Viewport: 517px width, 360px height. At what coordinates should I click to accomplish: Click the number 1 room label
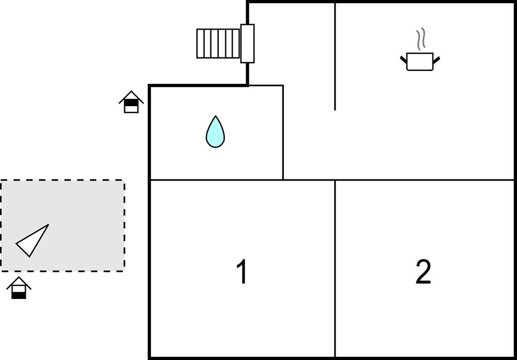(241, 272)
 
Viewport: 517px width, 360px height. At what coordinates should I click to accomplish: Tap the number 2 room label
(423, 272)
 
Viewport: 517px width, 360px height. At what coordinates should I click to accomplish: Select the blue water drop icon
(215, 132)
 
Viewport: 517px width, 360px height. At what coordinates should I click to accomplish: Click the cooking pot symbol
(420, 62)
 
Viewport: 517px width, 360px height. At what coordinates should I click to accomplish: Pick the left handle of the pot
(403, 59)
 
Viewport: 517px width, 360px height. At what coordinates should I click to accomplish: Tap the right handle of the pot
(436, 59)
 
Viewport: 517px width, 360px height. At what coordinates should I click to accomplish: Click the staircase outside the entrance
(218, 43)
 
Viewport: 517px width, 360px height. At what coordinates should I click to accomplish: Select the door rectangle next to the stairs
(248, 43)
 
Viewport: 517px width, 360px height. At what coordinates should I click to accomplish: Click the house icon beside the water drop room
(131, 102)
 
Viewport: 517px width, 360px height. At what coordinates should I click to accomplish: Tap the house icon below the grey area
(19, 288)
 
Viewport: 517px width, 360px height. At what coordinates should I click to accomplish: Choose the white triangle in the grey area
(33, 241)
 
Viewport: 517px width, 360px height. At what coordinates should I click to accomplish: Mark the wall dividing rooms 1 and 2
(335, 269)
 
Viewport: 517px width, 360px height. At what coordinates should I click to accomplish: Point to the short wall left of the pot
(335, 57)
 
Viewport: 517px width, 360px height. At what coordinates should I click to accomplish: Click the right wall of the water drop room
(283, 132)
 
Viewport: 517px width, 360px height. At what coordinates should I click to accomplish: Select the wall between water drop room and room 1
(216, 180)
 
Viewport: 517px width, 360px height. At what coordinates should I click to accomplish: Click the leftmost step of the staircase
(200, 43)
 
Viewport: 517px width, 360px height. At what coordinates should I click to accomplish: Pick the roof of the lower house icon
(19, 282)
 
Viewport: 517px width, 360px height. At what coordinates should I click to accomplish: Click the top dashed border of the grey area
(62, 180)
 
